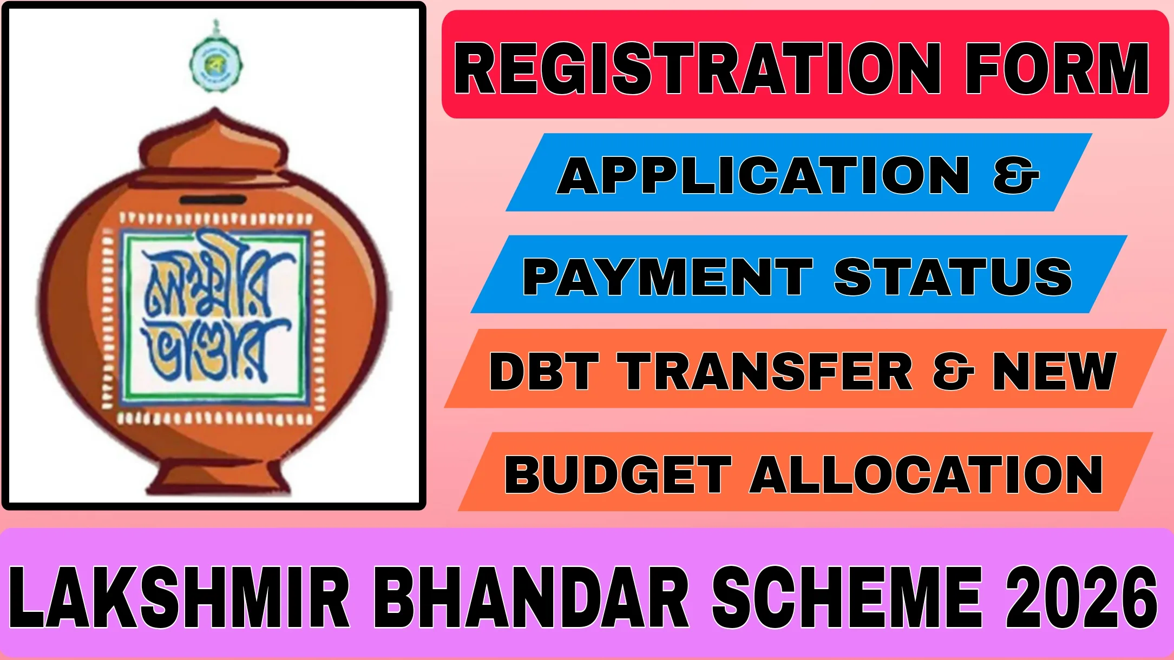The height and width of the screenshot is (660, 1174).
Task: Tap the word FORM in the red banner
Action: click(x=1057, y=69)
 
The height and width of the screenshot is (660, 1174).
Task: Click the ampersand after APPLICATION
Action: click(x=1016, y=175)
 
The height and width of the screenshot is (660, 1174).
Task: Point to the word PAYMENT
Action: click(x=667, y=276)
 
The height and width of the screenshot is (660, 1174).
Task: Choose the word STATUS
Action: click(x=953, y=276)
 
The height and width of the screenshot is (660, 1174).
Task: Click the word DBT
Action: click(x=543, y=371)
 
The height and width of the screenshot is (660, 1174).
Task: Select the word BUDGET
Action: click(x=618, y=474)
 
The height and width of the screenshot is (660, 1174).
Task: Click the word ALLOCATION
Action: click(x=926, y=474)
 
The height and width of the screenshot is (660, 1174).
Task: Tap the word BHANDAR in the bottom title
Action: click(x=531, y=597)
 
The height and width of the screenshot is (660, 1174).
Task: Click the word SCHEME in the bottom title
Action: click(x=847, y=597)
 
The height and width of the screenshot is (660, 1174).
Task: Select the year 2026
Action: click(x=1081, y=597)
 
